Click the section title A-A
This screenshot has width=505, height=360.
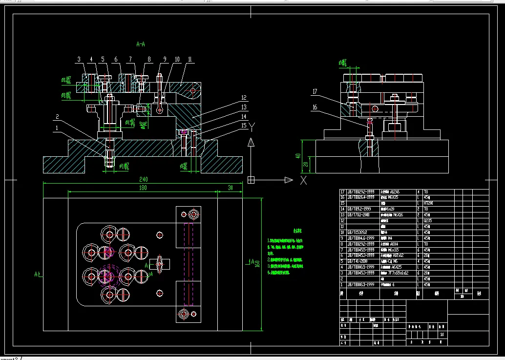point(141,44)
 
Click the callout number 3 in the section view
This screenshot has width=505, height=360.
point(79,60)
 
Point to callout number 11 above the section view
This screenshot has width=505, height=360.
point(189,59)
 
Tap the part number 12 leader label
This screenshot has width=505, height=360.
point(243,98)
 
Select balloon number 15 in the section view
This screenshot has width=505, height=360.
point(243,125)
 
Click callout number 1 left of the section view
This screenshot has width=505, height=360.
point(57,128)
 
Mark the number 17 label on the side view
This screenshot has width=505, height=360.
point(315,91)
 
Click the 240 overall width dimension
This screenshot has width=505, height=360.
point(143,179)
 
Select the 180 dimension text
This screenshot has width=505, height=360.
point(143,188)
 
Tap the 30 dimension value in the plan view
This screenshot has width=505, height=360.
point(230,188)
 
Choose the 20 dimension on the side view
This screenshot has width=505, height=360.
point(306,165)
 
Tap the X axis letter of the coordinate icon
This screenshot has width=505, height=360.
point(303,180)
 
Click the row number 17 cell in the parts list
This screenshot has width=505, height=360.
point(342,191)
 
